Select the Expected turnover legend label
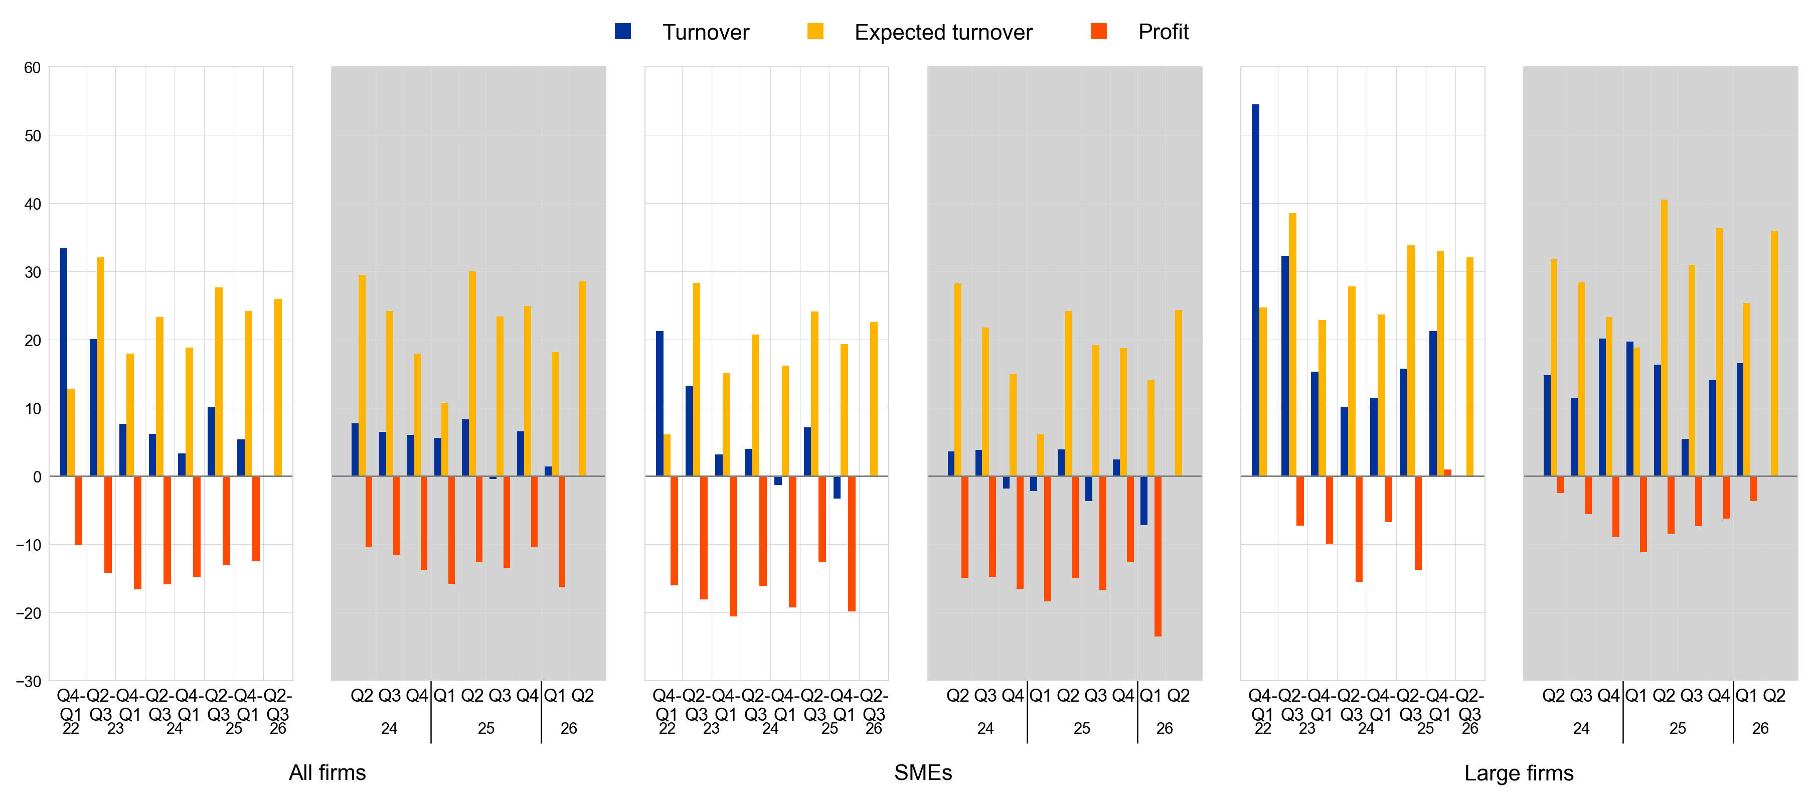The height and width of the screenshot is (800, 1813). click(942, 33)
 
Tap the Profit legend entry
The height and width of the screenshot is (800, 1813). click(1163, 33)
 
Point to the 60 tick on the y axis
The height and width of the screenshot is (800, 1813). click(33, 68)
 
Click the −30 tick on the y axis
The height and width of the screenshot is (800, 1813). click(29, 681)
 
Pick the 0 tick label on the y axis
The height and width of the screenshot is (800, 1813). click(37, 477)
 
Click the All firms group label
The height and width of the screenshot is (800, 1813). click(327, 772)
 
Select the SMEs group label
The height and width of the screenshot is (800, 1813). click(923, 772)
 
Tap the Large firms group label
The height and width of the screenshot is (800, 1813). click(1518, 772)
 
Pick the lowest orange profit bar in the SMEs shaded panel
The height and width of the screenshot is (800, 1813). click(1158, 556)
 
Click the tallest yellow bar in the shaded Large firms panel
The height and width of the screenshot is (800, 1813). click(1664, 338)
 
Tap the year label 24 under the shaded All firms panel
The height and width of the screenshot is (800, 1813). click(389, 728)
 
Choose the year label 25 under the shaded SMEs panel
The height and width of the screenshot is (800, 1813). click(1082, 728)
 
